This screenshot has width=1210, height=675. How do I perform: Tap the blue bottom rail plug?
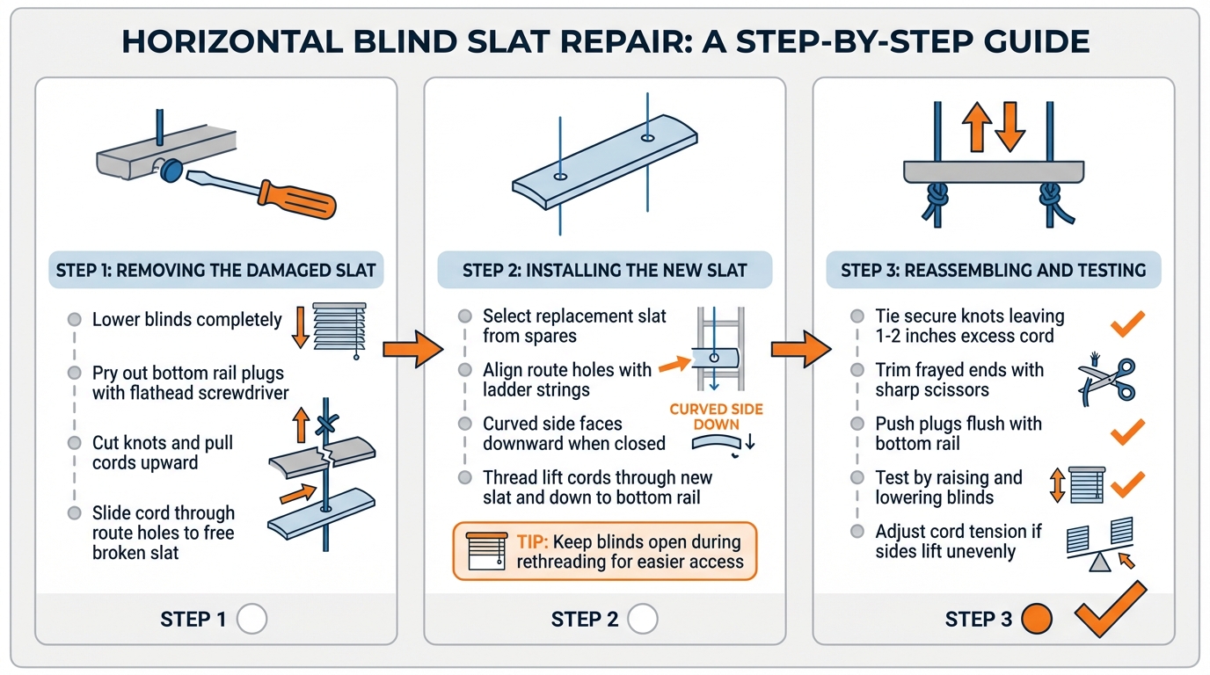pyautogui.click(x=171, y=170)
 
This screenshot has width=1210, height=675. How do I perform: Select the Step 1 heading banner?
pyautogui.click(x=215, y=271)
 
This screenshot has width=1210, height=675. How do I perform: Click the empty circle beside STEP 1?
pyautogui.click(x=252, y=620)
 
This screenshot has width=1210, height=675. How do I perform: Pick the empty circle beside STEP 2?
pyautogui.click(x=643, y=620)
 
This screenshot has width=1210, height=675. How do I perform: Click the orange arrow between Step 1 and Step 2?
pyautogui.click(x=410, y=350)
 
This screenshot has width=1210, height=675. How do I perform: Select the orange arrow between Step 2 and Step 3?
pyautogui.click(x=798, y=350)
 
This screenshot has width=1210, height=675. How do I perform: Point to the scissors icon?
pyautogui.click(x=1106, y=380)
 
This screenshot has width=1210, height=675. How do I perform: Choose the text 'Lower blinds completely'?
pyautogui.click(x=187, y=320)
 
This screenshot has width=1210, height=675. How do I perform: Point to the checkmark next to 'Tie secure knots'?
pyautogui.click(x=1127, y=323)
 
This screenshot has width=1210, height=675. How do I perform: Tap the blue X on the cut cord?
pyautogui.click(x=327, y=424)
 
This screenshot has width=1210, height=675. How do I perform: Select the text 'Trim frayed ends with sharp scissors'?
pyautogui.click(x=959, y=380)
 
